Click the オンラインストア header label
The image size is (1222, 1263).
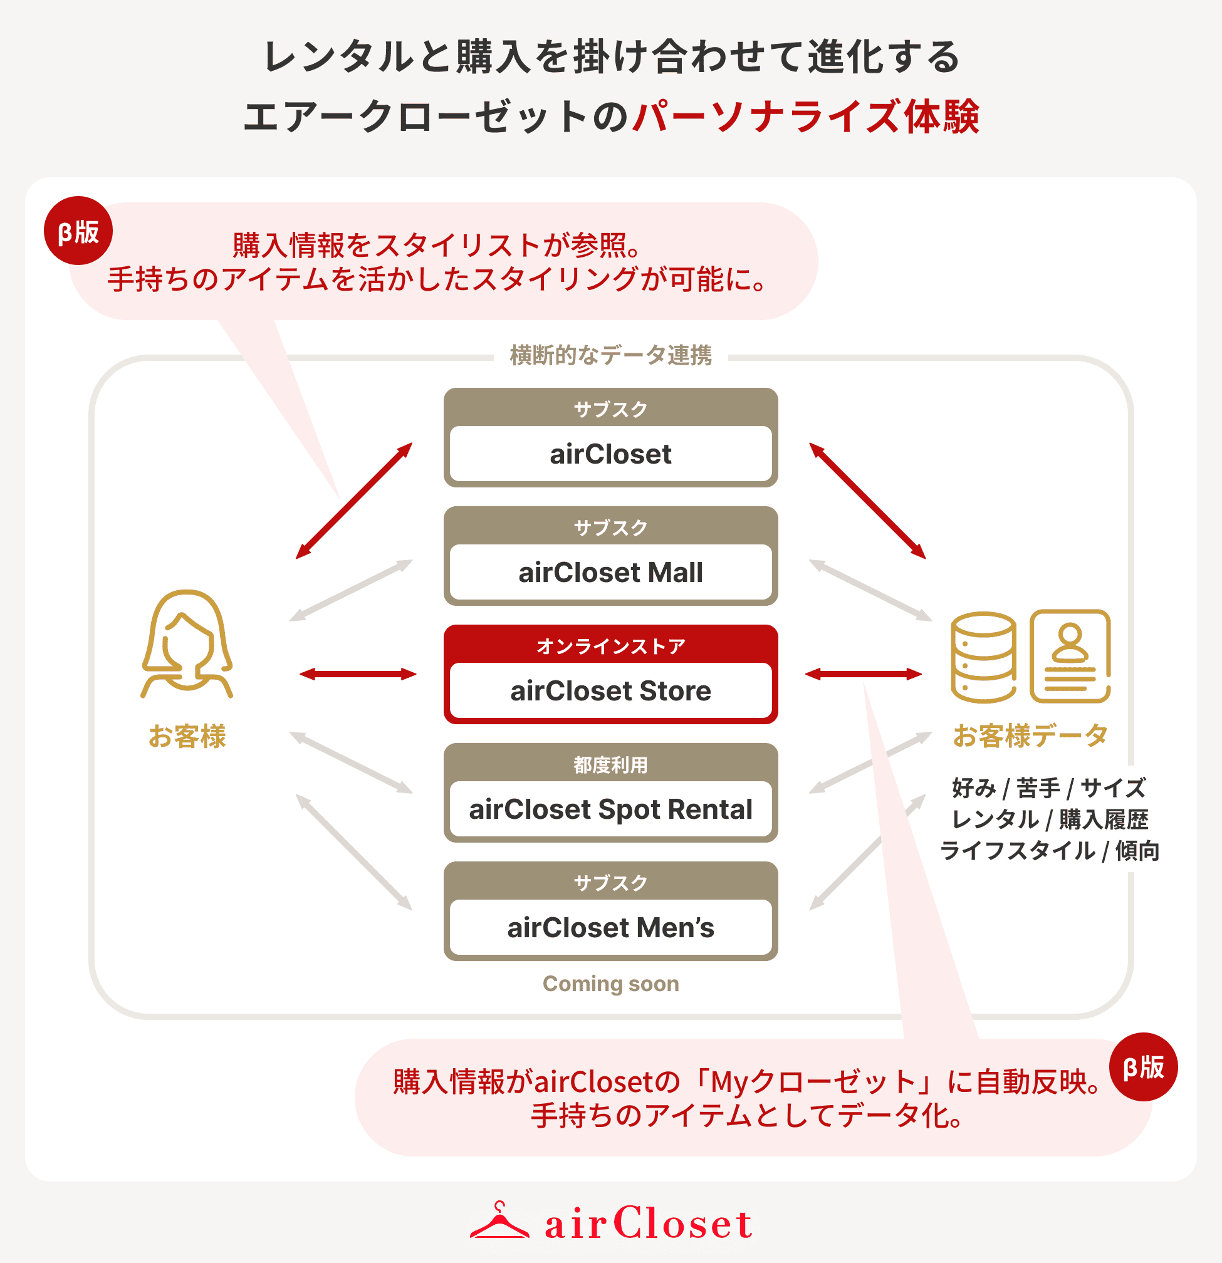[610, 646]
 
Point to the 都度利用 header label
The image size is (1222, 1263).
[610, 764]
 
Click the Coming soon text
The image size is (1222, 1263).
[610, 984]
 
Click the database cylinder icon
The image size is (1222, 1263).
[983, 657]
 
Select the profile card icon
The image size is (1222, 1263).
[1070, 657]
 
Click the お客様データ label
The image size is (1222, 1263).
[1030, 735]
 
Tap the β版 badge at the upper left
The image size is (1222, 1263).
[78, 231]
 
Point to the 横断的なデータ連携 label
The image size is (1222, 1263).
[610, 355]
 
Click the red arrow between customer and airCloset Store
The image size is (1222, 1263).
[358, 674]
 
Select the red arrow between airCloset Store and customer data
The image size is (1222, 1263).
[863, 674]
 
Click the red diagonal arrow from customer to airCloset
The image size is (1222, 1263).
[354, 501]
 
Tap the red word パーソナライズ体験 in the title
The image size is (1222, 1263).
[806, 117]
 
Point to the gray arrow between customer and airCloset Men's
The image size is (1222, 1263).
[354, 852]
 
